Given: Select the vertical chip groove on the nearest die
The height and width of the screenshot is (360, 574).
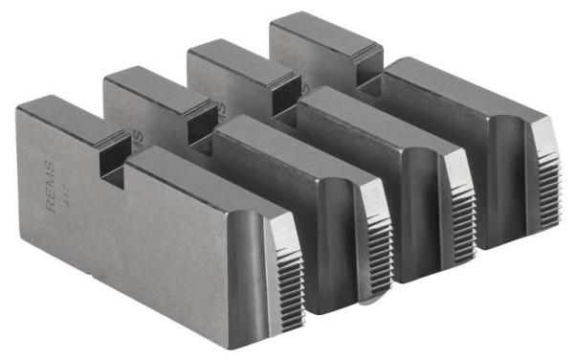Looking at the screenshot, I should (x=251, y=268).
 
